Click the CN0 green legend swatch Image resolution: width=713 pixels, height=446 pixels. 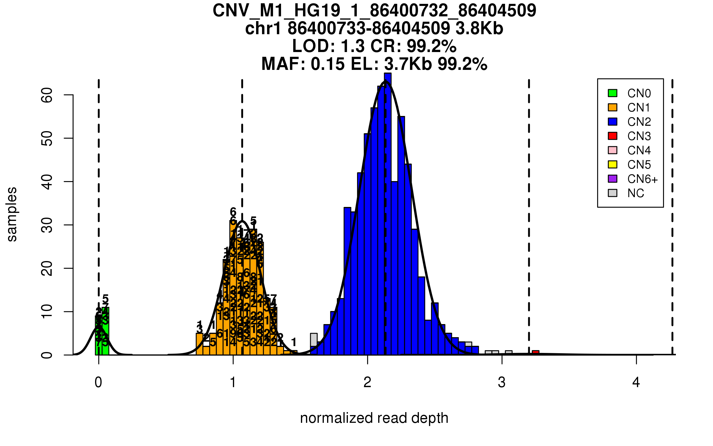[613, 93]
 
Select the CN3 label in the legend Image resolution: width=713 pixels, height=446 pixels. [639, 136]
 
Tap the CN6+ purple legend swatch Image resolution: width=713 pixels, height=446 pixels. [613, 179]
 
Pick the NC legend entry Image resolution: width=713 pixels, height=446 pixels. [635, 193]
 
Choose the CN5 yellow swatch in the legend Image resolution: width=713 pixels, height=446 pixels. [613, 164]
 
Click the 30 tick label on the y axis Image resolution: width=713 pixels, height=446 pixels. [47, 225]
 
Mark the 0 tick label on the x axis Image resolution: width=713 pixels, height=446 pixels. [98, 382]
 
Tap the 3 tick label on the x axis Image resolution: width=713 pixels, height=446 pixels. [502, 382]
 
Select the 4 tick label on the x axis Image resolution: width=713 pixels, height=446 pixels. [636, 382]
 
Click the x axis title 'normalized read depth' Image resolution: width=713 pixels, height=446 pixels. [374, 418]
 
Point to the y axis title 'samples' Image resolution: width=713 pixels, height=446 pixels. [12, 214]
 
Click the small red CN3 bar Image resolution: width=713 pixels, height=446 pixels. [535, 353]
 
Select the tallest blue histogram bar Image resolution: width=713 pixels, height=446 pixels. [388, 214]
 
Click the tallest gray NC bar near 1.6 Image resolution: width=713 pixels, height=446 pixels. [314, 340]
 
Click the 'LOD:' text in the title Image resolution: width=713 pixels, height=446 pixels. [313, 46]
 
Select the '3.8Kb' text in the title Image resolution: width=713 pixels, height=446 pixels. [479, 29]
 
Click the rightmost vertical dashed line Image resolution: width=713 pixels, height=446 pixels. [672, 217]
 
